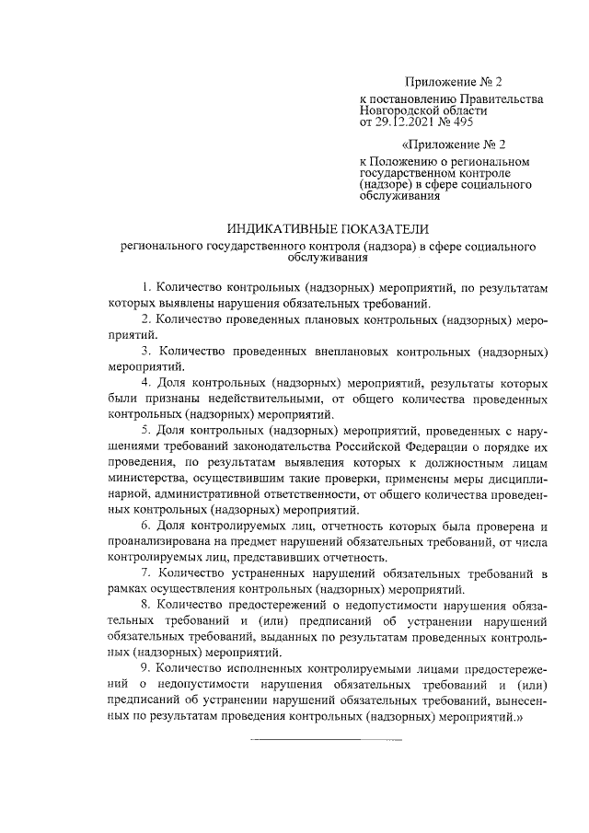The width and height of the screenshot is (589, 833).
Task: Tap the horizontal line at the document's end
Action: coord(327,741)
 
